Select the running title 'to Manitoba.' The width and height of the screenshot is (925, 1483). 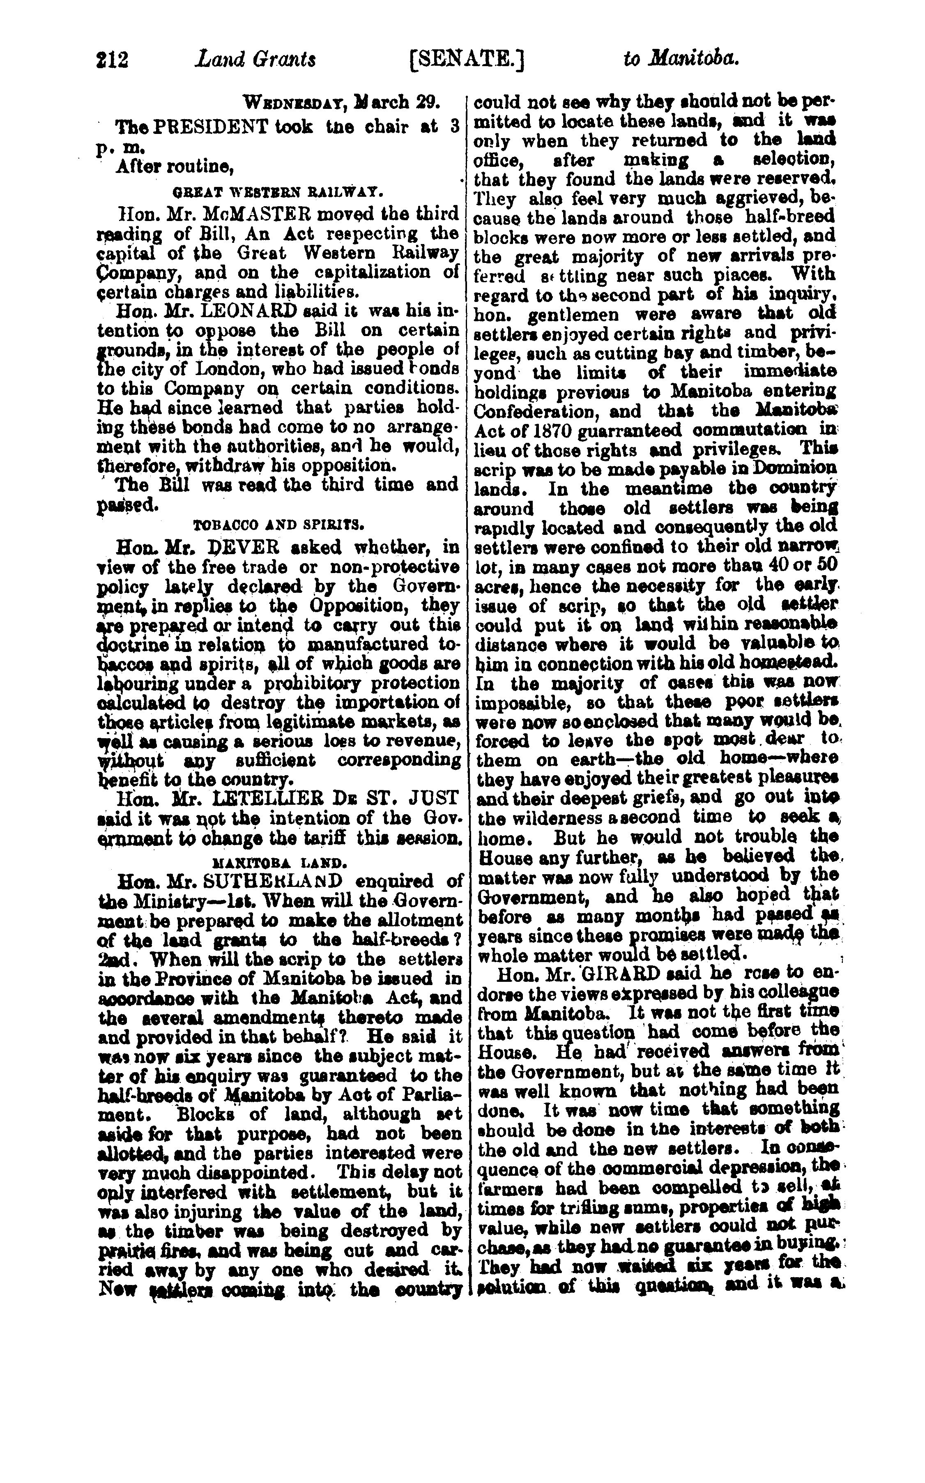681,59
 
